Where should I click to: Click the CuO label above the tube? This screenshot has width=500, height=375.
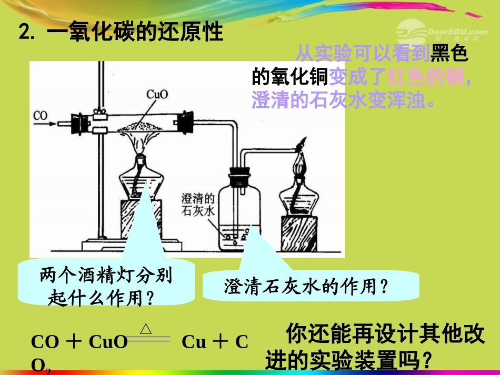[x=156, y=95]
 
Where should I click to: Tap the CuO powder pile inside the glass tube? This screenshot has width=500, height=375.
[x=142, y=124]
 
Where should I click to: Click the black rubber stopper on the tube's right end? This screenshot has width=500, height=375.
[x=185, y=121]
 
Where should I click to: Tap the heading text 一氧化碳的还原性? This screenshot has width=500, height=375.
[x=135, y=33]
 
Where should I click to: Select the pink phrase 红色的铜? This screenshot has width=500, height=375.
[x=426, y=77]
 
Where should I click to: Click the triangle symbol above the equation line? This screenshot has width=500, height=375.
[x=146, y=329]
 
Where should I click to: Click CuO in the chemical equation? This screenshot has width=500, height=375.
[x=108, y=342]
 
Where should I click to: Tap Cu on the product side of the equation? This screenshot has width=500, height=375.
[x=193, y=342]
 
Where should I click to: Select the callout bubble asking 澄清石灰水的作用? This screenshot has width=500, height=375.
[x=311, y=286]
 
